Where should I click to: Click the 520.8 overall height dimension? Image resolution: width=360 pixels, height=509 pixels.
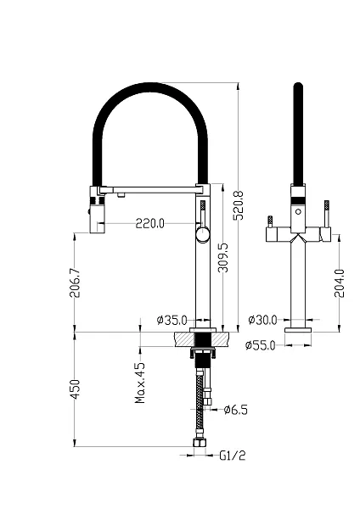click(239, 205)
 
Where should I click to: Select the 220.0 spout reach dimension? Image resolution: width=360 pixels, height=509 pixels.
click(149, 223)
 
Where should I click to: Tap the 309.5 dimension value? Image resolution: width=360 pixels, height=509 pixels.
click(222, 258)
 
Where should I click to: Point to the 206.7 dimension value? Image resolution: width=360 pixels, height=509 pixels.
click(75, 282)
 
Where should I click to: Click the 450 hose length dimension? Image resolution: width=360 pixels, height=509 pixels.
click(75, 389)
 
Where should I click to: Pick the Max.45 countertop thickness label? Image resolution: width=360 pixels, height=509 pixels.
click(140, 383)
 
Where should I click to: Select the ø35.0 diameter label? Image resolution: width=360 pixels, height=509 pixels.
click(172, 321)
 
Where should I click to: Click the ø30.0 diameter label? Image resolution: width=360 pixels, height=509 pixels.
click(262, 320)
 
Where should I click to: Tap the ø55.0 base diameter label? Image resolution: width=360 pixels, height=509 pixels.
click(261, 345)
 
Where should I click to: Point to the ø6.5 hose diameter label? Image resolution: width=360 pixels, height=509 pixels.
click(236, 410)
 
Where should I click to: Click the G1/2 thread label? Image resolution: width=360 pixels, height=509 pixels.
click(233, 456)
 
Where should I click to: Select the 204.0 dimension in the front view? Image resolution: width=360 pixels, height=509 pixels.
click(340, 283)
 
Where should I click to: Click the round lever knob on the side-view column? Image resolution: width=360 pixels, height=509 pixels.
click(203, 234)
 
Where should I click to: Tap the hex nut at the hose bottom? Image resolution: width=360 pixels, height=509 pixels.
click(200, 443)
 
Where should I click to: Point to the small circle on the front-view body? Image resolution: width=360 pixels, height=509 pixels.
click(298, 212)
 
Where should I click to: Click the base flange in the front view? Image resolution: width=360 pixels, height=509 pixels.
click(298, 330)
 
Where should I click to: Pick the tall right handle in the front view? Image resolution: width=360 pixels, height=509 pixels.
click(326, 214)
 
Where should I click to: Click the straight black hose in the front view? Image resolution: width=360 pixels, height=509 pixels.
click(298, 134)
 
